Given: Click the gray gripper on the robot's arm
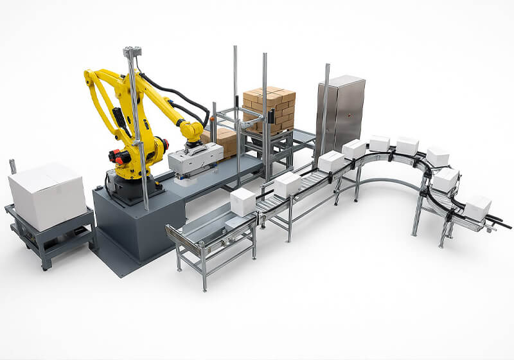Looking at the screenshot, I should (197, 158).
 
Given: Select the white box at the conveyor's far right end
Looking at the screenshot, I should (477, 208).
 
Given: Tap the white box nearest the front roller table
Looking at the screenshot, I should (244, 201).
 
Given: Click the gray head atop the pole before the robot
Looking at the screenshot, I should (132, 51).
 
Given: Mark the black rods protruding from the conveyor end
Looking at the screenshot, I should (500, 222).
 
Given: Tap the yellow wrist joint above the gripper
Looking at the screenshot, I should (191, 131).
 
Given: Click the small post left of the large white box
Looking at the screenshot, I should (12, 166).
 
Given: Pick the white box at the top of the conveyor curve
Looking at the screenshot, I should (407, 145).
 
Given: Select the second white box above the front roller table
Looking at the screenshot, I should (288, 184).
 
